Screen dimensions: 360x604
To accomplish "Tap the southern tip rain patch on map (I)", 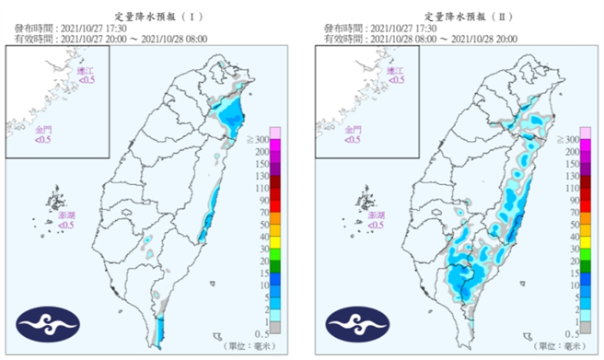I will coord(161,329).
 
